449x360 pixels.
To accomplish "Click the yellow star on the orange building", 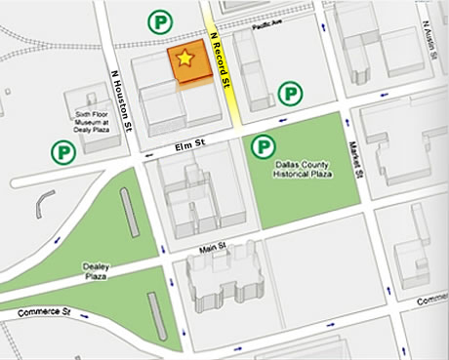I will [184, 60].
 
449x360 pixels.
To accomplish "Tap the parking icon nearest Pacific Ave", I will [157, 20].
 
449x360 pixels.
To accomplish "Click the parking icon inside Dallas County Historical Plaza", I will [263, 147].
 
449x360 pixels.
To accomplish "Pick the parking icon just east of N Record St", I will [290, 94].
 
